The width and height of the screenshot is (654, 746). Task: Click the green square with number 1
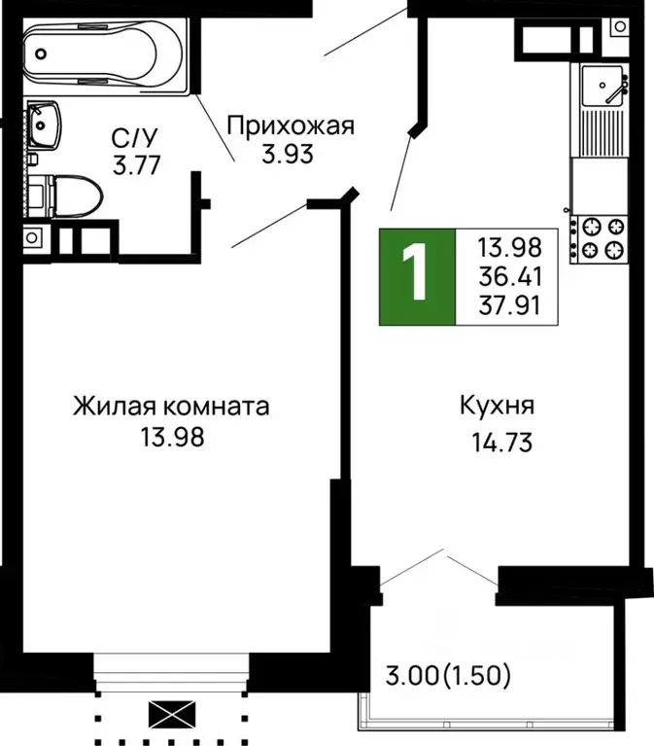[x=416, y=276]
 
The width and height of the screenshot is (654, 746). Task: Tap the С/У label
[x=134, y=138]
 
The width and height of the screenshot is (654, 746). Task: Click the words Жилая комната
[x=171, y=406]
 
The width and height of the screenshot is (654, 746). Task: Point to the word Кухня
[x=499, y=406]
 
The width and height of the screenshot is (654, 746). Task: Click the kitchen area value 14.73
[x=499, y=444]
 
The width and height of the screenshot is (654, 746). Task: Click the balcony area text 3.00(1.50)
[x=450, y=673]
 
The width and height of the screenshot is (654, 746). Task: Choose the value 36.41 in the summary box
[x=517, y=276]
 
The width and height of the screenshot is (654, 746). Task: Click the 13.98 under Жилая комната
[x=171, y=438]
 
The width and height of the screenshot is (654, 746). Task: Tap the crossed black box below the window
[x=171, y=718]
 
